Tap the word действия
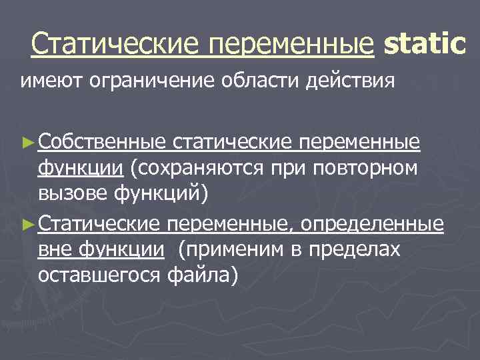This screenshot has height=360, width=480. [x=351, y=81]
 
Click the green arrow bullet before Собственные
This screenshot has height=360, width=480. [x=27, y=141]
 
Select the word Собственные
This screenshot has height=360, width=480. [x=102, y=141]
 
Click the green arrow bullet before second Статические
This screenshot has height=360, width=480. [x=27, y=223]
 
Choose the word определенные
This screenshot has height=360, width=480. [x=372, y=223]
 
